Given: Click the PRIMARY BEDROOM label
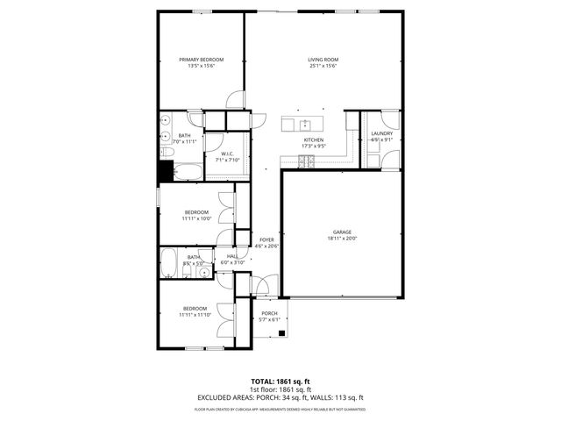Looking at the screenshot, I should tap(201, 60).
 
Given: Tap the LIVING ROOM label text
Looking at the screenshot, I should tap(323, 60).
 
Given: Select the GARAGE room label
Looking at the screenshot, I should tap(341, 232).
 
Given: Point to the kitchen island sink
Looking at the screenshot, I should tap(304, 123).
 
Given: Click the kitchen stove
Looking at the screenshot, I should tap(308, 159).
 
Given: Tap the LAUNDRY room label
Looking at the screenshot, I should tap(381, 133).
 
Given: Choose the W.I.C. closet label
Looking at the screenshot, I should tap(226, 154).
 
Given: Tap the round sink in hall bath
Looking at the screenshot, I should tap(204, 273).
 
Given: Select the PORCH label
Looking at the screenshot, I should tap(269, 313).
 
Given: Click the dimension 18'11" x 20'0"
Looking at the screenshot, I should tap(341, 238).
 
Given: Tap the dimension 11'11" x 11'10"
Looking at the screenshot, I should tap(195, 314).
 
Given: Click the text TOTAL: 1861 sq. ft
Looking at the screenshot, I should tap(280, 382).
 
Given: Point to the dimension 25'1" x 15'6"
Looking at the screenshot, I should tap(323, 66).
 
